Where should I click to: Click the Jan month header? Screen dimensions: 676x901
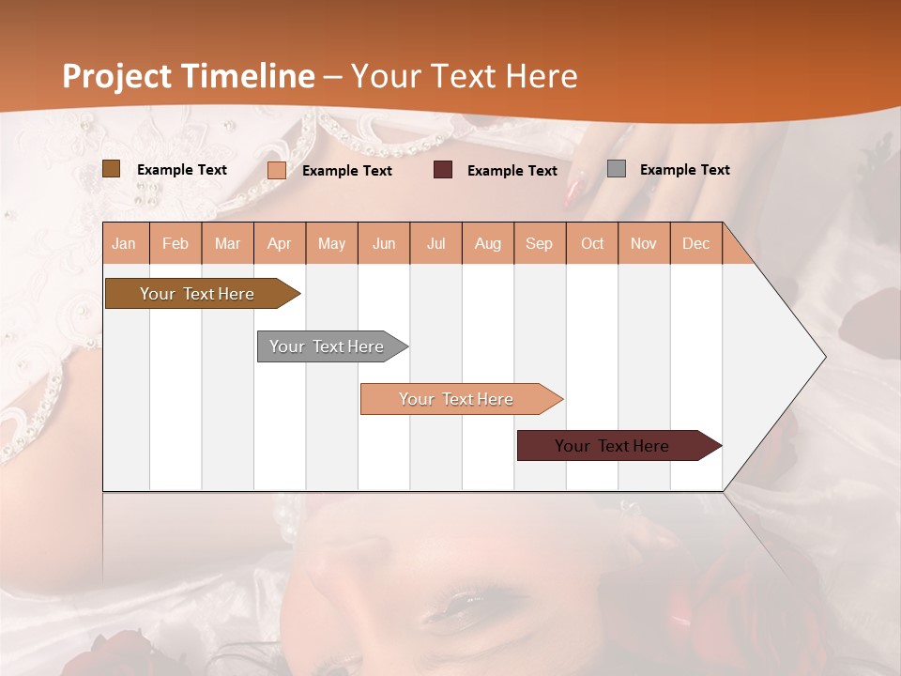click(124, 244)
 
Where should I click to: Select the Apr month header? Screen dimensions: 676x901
click(279, 244)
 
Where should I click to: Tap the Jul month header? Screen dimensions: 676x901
click(435, 244)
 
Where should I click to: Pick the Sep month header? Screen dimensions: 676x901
click(539, 244)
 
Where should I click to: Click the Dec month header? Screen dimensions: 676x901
click(695, 244)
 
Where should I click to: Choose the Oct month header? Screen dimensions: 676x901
click(592, 244)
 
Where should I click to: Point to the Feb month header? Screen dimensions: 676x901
click(176, 244)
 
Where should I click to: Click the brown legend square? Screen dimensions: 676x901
click(112, 169)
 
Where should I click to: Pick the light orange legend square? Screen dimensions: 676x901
click(277, 170)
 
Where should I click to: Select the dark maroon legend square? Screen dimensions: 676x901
click(443, 170)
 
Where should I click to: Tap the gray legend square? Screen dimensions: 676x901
click(617, 169)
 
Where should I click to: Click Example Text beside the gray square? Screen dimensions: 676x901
click(684, 170)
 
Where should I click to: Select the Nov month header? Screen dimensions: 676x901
click(644, 244)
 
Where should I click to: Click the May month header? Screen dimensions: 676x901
click(331, 244)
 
